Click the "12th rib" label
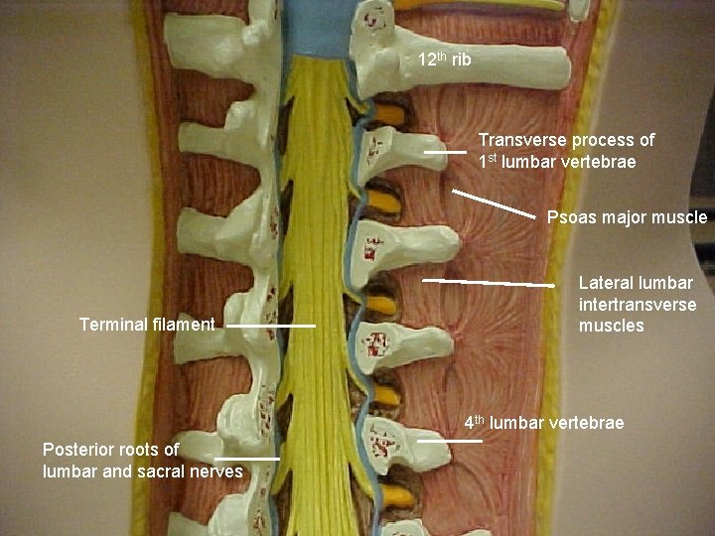[444, 61]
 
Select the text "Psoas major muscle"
[627, 217]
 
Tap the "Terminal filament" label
[146, 325]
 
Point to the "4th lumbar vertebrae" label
[544, 424]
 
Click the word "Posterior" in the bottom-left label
[77, 450]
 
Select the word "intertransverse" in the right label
[637, 305]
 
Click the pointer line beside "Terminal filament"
[270, 325]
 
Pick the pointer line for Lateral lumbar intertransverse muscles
[489, 283]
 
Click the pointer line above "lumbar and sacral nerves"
[246, 459]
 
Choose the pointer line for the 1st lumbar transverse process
[444, 153]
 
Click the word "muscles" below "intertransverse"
[611, 327]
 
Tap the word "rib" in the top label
[461, 61]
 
